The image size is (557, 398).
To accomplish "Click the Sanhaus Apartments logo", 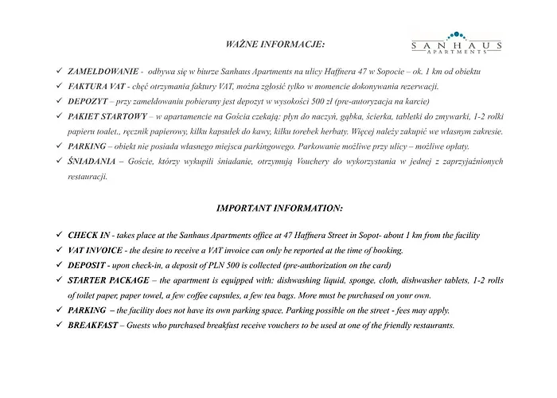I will click(x=454, y=43).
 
